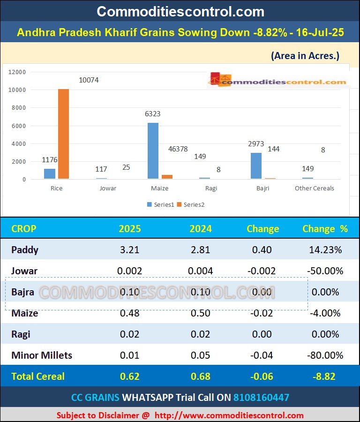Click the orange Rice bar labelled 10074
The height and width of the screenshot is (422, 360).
point(63,134)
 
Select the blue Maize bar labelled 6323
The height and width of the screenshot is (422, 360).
point(153,151)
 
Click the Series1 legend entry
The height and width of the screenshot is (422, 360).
point(161,204)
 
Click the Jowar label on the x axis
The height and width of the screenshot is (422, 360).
point(108,188)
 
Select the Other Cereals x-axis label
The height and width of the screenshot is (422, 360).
point(314,188)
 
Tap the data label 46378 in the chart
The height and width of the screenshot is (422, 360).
point(178,149)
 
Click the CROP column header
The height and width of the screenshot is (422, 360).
point(23,229)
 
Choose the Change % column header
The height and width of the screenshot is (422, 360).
point(325,229)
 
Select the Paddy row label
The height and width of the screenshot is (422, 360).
point(25,250)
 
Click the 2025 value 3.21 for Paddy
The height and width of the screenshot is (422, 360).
point(129,250)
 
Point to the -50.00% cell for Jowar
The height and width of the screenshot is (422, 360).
point(325,271)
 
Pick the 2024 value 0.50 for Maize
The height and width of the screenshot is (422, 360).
point(200,313)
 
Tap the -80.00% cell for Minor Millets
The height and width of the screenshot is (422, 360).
point(325,355)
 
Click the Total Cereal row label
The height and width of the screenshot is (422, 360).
point(38,376)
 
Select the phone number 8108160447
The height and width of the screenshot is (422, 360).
point(261,398)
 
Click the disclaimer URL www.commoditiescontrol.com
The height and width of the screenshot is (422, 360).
point(229,415)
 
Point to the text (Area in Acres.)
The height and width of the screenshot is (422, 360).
point(305,56)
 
